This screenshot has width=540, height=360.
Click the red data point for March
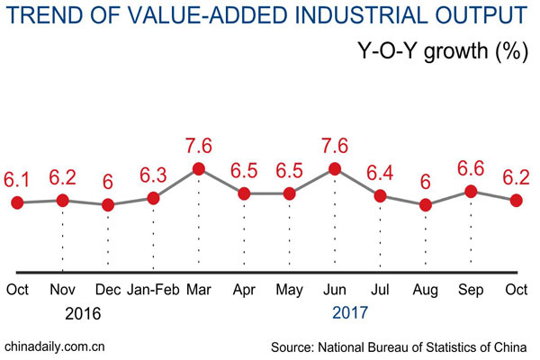click(199, 168)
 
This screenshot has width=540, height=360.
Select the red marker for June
click(335, 168)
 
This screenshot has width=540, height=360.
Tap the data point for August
click(426, 205)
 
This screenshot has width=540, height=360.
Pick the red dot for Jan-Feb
click(153, 198)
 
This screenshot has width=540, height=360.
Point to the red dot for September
click(471, 191)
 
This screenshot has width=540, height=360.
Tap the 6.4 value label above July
click(381, 171)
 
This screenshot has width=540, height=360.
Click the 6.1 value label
click(19, 179)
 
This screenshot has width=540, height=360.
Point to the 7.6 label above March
click(199, 144)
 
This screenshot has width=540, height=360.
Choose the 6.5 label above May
click(290, 170)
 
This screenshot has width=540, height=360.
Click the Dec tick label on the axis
click(108, 290)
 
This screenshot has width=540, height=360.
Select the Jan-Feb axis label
click(153, 290)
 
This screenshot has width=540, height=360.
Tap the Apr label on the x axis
click(244, 290)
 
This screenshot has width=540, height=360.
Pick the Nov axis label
click(62, 290)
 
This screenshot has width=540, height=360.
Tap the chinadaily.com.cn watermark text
click(56, 346)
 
